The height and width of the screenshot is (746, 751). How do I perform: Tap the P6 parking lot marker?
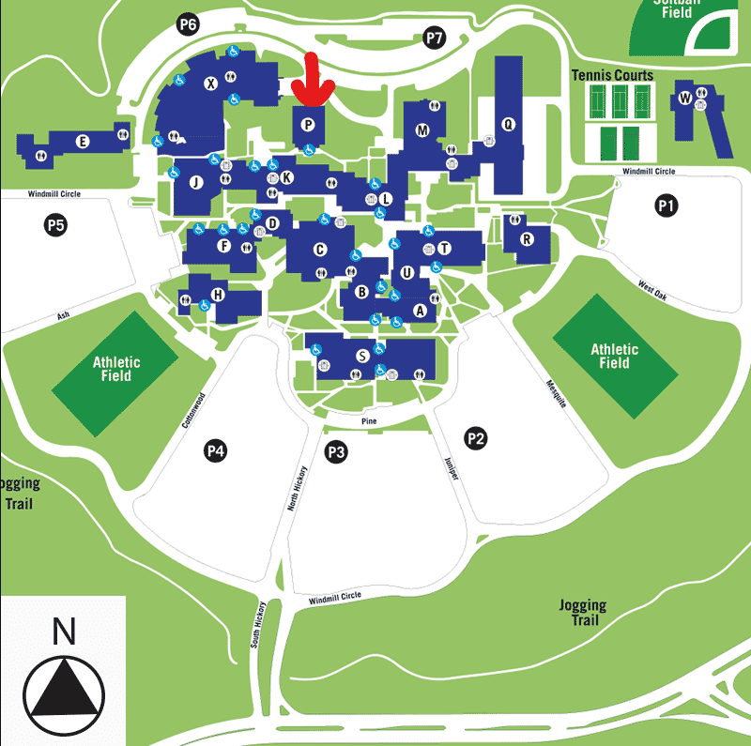(x=188, y=25)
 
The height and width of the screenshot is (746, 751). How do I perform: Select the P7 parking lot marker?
(x=434, y=38)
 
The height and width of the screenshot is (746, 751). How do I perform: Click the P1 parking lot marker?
(x=667, y=206)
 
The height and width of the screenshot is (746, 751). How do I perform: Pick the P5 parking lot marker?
(x=55, y=225)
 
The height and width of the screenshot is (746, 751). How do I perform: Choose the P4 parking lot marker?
(x=216, y=451)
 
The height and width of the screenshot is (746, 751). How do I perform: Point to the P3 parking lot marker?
(x=336, y=453)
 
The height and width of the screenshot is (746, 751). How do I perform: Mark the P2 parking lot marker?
(x=476, y=437)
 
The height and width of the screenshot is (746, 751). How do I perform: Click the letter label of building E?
(x=83, y=142)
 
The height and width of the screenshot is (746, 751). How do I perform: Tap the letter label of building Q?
(x=509, y=123)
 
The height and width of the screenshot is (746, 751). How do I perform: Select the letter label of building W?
(x=685, y=98)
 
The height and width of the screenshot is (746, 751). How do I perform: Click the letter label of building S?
(x=362, y=356)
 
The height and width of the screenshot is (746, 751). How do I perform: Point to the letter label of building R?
(x=527, y=239)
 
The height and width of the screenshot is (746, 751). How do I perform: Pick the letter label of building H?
(x=218, y=295)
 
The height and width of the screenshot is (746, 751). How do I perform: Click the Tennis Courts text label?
(x=612, y=75)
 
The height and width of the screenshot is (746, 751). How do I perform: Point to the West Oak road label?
(x=651, y=286)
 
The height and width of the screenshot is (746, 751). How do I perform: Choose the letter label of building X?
(x=210, y=84)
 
